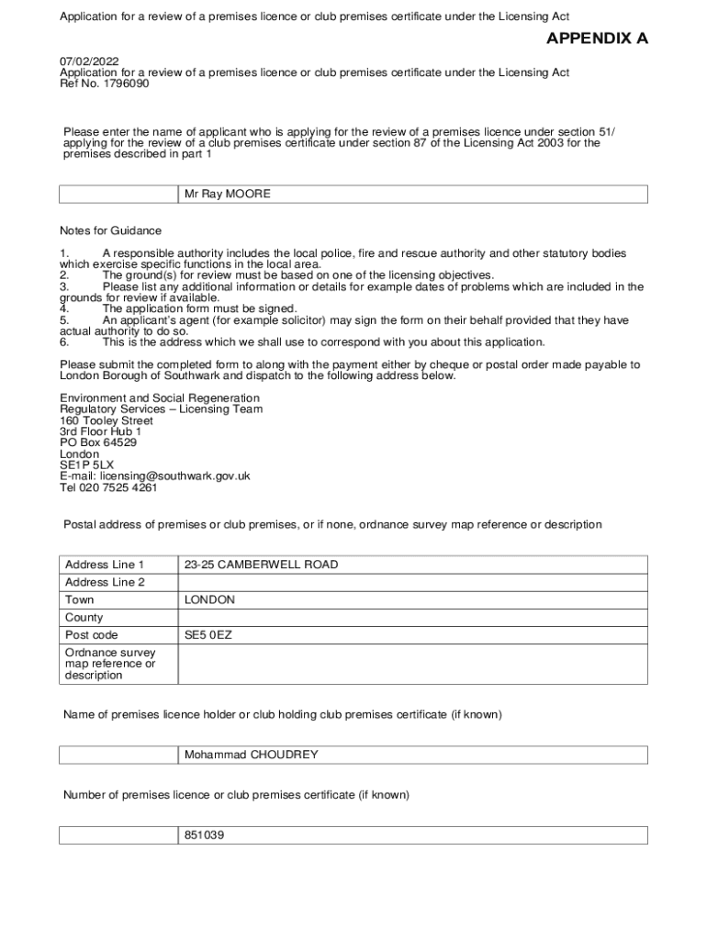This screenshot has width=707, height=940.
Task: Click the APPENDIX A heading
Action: (x=597, y=39)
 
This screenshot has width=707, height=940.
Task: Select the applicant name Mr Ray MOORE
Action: (x=228, y=195)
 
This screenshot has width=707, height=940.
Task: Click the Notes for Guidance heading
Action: (x=110, y=231)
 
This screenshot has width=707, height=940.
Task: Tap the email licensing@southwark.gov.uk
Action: (x=175, y=476)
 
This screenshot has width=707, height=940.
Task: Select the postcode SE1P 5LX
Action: (x=87, y=465)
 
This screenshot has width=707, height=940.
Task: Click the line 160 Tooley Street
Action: (x=107, y=420)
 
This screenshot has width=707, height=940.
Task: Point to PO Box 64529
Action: (x=98, y=442)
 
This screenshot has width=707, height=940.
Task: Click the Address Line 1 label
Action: (x=105, y=565)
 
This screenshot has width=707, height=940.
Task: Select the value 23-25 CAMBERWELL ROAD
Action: (x=261, y=565)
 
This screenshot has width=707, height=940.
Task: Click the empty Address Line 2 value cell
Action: (x=412, y=582)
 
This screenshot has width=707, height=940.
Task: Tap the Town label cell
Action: (x=80, y=599)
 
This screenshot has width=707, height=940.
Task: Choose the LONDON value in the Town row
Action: (x=209, y=599)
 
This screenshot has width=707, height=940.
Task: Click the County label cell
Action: (x=84, y=618)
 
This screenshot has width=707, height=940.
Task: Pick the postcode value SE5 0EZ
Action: (x=208, y=635)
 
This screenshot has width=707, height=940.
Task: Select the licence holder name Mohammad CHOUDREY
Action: (x=251, y=755)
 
